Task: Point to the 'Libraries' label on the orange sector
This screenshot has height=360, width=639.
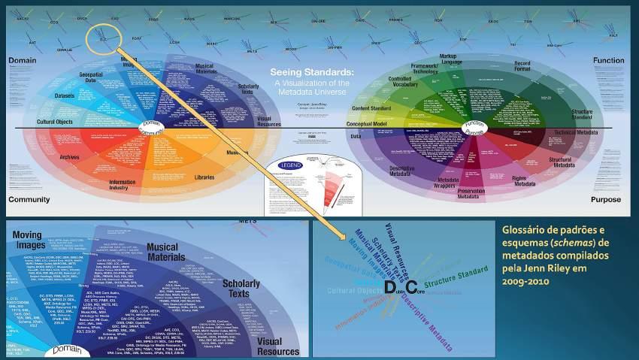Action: point(204,177)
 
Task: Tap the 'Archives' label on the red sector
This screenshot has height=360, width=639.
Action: point(69,157)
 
